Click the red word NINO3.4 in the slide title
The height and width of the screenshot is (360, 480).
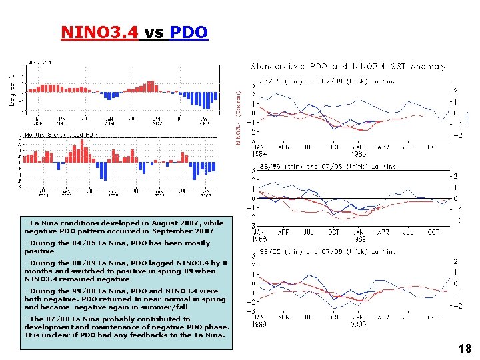(99, 32)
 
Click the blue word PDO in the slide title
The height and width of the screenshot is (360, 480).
(189, 32)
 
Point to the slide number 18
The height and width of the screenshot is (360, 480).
(465, 349)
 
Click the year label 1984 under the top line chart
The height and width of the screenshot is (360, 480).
(259, 152)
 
